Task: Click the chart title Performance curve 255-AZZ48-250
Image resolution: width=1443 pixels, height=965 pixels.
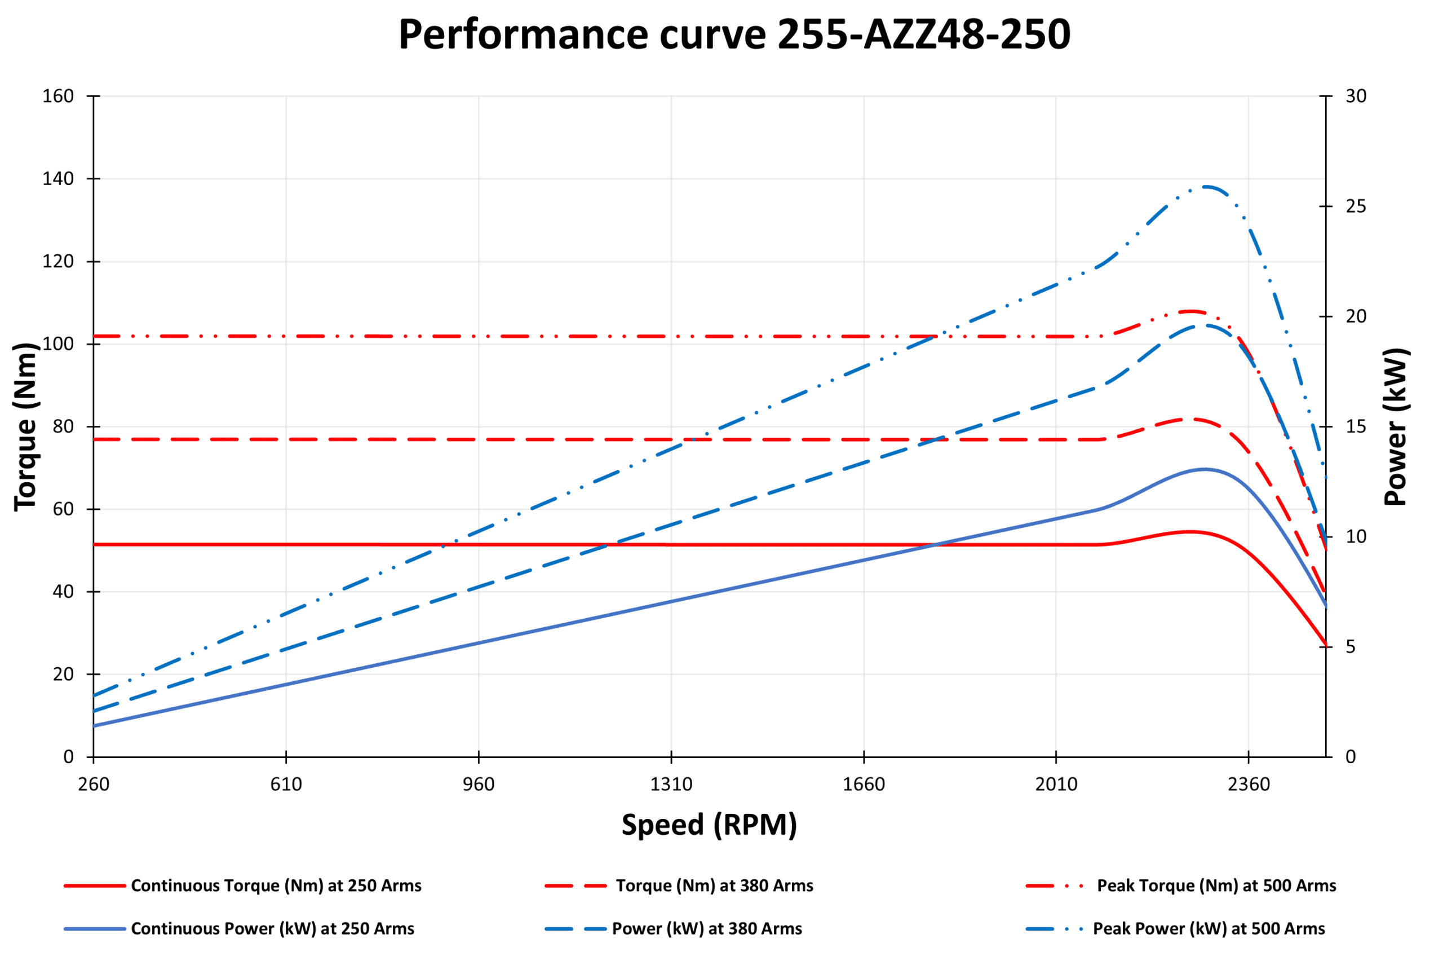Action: [x=734, y=34]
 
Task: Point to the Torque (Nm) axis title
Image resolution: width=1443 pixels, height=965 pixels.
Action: [x=26, y=426]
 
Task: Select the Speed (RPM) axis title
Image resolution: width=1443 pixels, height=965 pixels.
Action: [x=709, y=825]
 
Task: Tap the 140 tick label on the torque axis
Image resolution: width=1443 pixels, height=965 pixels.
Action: [x=58, y=179]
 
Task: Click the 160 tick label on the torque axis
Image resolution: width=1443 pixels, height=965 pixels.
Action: [x=58, y=96]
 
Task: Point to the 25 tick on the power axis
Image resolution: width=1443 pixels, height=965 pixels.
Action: [x=1356, y=206]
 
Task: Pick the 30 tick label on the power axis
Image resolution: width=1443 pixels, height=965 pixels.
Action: [x=1356, y=96]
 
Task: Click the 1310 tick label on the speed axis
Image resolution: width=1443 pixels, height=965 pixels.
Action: [x=671, y=785]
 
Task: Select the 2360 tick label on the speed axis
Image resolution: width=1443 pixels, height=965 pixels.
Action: [x=1249, y=785]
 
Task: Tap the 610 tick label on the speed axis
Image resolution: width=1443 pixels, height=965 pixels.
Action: [x=286, y=785]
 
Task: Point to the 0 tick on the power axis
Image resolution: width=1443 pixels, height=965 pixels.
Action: [x=1351, y=757]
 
